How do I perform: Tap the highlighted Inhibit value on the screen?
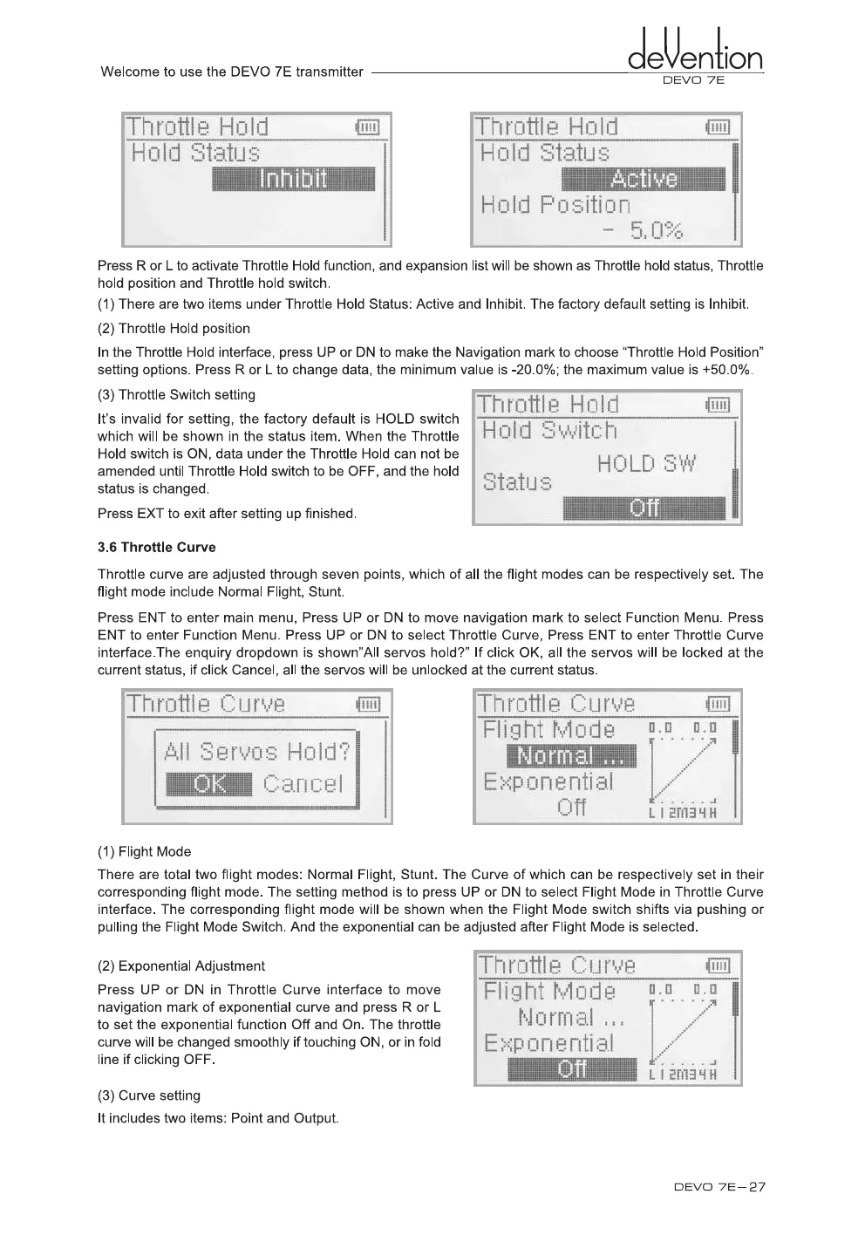click(x=294, y=180)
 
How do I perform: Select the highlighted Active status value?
click(x=644, y=180)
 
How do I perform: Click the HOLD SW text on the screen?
click(x=646, y=464)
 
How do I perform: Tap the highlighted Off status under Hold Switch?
click(x=644, y=508)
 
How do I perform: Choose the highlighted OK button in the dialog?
click(x=209, y=784)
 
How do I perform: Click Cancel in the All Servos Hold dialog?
click(x=303, y=784)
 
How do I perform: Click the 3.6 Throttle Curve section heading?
click(x=157, y=548)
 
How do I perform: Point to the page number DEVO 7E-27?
click(x=719, y=1187)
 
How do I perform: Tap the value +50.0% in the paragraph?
click(x=725, y=370)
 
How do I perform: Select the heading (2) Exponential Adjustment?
click(x=181, y=966)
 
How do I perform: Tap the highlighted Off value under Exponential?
click(x=572, y=1070)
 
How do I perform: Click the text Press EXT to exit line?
click(x=227, y=514)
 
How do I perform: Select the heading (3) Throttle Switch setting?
click(x=177, y=395)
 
